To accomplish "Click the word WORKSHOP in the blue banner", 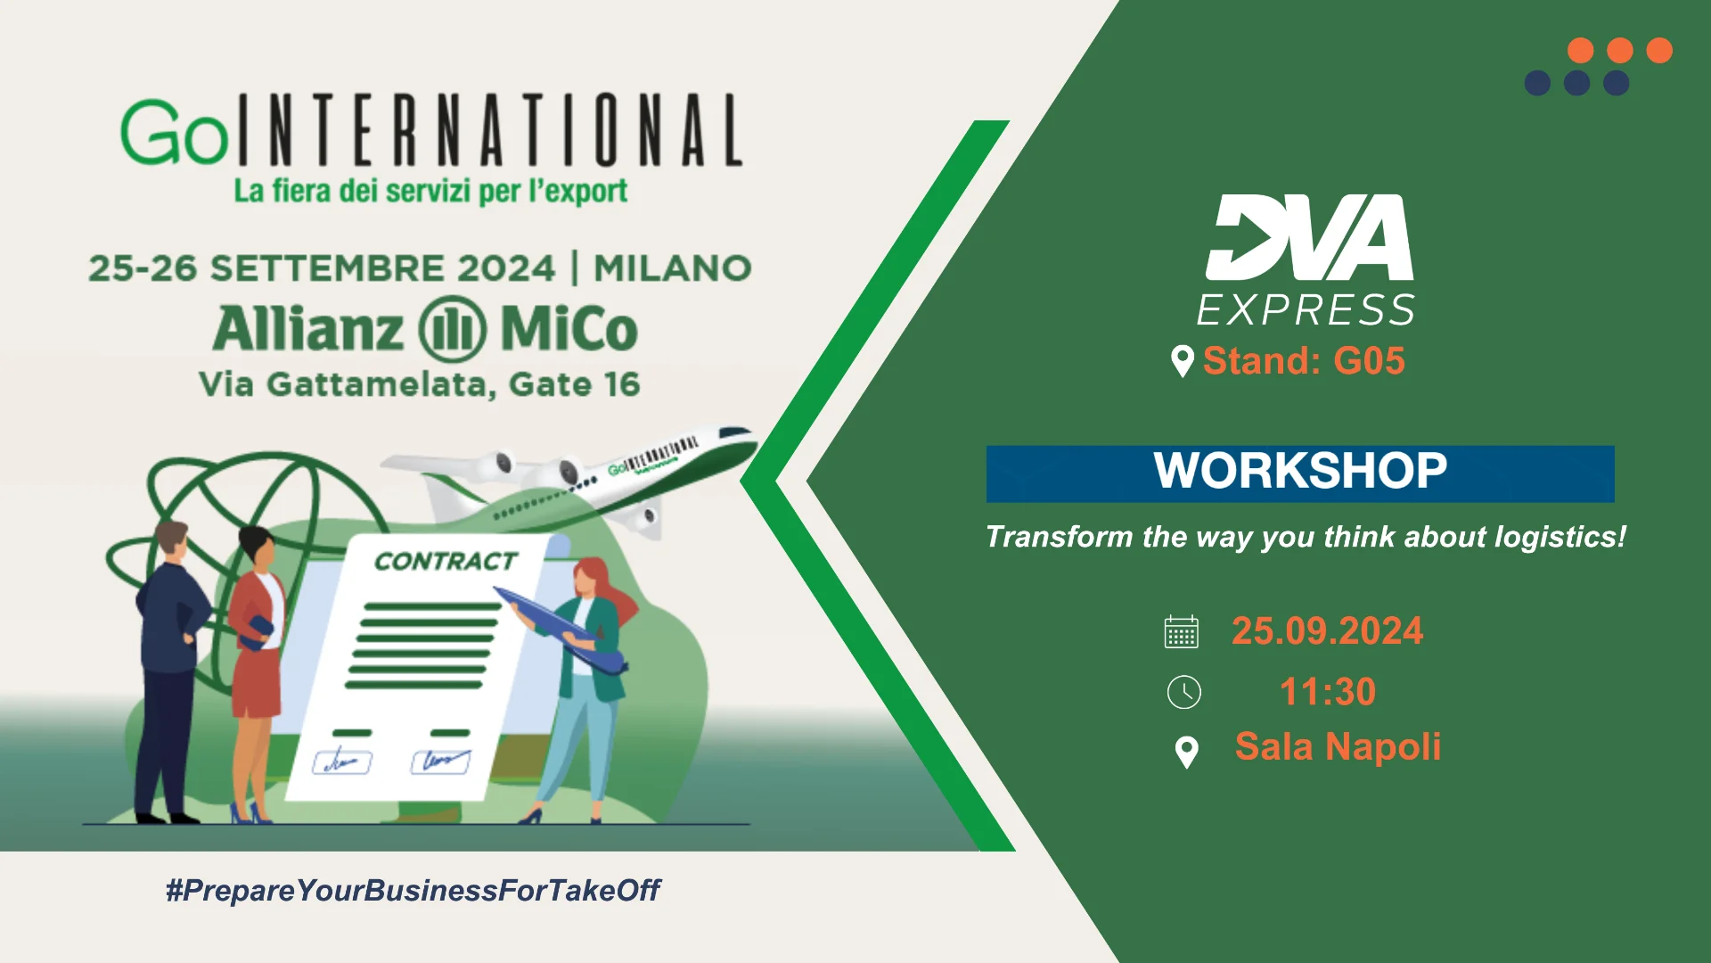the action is click(1300, 470).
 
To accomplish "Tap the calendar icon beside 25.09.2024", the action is click(1182, 631).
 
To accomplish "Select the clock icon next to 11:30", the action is click(1183, 692).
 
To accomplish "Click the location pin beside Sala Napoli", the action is click(1186, 752).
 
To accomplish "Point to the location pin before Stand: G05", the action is click(1182, 361).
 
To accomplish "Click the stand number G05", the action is click(1369, 361).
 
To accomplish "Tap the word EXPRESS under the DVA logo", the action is click(1306, 310).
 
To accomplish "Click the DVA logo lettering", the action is click(1309, 237).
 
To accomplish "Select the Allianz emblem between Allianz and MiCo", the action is click(453, 329).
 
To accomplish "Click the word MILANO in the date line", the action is click(673, 268).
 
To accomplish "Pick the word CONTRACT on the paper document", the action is click(446, 561).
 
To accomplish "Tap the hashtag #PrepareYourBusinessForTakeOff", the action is click(413, 890).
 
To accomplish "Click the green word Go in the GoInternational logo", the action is click(175, 133).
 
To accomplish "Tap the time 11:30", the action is click(1328, 692).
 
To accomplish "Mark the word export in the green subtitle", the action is click(588, 192).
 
